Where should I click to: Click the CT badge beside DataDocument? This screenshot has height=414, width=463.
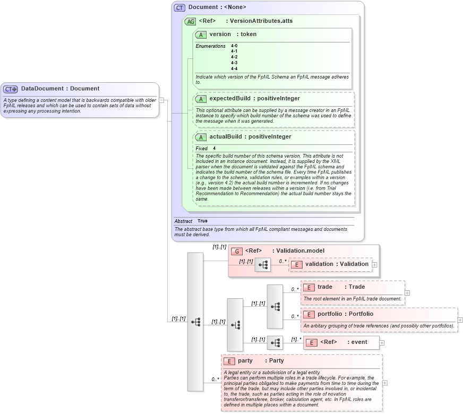(x=11, y=89)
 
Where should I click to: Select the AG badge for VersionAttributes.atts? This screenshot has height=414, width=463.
(x=190, y=21)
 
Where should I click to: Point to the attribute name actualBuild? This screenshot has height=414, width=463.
(x=228, y=136)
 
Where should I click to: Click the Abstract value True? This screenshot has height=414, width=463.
(x=202, y=221)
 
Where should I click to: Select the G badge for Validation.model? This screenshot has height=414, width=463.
(x=237, y=251)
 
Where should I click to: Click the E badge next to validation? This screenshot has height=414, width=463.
(x=297, y=264)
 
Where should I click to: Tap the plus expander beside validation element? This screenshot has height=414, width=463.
(x=375, y=264)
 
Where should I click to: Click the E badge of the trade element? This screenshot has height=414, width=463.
(x=310, y=287)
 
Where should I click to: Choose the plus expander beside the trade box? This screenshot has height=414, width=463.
(x=407, y=292)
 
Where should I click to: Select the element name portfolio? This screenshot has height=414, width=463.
(x=330, y=314)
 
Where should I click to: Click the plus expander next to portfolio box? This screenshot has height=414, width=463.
(x=460, y=320)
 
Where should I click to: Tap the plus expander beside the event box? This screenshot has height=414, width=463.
(x=382, y=342)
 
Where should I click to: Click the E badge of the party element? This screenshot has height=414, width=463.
(x=229, y=361)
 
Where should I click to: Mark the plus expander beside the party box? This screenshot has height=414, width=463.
(x=385, y=383)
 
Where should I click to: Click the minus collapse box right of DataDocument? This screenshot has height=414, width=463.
(x=161, y=99)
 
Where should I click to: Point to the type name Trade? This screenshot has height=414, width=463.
(x=356, y=287)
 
